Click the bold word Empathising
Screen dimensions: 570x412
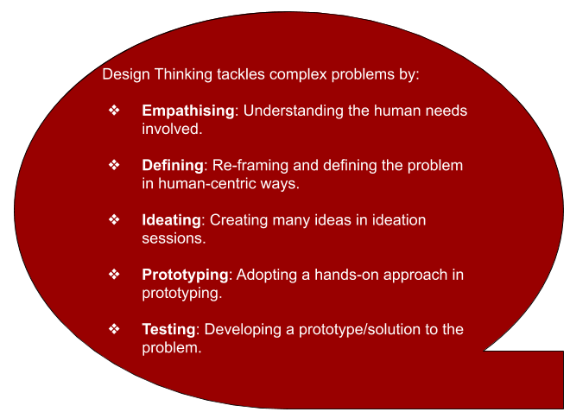click(188, 111)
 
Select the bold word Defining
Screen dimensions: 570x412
click(173, 166)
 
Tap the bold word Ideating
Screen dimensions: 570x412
click(171, 220)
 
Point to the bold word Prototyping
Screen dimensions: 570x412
click(185, 275)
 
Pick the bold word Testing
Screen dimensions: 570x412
click(168, 329)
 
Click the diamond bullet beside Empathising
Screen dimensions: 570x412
click(114, 111)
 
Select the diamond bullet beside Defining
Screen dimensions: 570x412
click(114, 165)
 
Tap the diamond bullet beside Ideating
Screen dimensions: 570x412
click(114, 219)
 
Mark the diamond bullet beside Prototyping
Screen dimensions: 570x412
click(114, 274)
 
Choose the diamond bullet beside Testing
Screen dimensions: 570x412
click(114, 329)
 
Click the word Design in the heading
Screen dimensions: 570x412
click(126, 74)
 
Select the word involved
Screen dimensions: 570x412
click(172, 129)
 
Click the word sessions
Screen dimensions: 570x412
click(174, 238)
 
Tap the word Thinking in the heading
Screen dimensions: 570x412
click(183, 74)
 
